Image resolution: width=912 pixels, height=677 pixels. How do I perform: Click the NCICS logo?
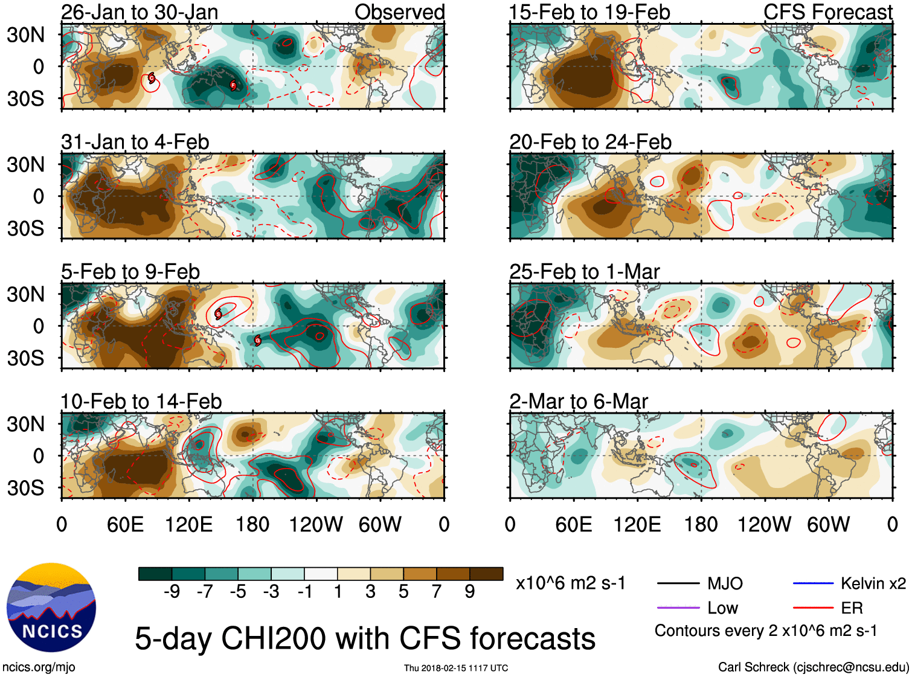[51, 607]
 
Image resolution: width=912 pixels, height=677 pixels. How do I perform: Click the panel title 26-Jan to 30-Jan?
[140, 12]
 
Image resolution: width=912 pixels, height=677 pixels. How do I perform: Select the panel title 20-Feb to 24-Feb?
[590, 142]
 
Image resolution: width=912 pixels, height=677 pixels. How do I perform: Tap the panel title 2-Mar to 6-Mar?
[579, 402]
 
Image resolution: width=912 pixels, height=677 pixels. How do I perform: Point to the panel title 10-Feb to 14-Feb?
[141, 402]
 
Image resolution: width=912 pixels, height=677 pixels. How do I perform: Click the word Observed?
[399, 12]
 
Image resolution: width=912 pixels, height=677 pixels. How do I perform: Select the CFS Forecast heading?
[827, 12]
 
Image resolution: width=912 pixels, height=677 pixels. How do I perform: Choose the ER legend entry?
[852, 608]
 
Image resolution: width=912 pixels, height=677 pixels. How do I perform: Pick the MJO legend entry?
[725, 583]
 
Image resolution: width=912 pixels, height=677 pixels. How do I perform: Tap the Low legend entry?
[722, 608]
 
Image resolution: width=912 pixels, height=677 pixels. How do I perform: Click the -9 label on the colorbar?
[172, 591]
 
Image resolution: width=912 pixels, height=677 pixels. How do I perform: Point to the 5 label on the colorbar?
[403, 591]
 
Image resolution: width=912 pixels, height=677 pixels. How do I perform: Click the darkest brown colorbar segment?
[486, 574]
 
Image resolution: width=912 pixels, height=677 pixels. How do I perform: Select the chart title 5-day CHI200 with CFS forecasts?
[365, 638]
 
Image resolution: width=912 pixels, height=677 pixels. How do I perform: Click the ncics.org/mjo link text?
[39, 667]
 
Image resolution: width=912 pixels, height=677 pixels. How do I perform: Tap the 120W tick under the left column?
[316, 524]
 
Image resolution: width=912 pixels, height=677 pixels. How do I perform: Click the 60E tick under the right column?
[573, 524]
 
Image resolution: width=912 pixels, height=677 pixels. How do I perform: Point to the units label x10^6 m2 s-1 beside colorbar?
[570, 583]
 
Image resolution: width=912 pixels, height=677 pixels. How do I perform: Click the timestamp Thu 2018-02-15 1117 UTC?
[456, 668]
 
